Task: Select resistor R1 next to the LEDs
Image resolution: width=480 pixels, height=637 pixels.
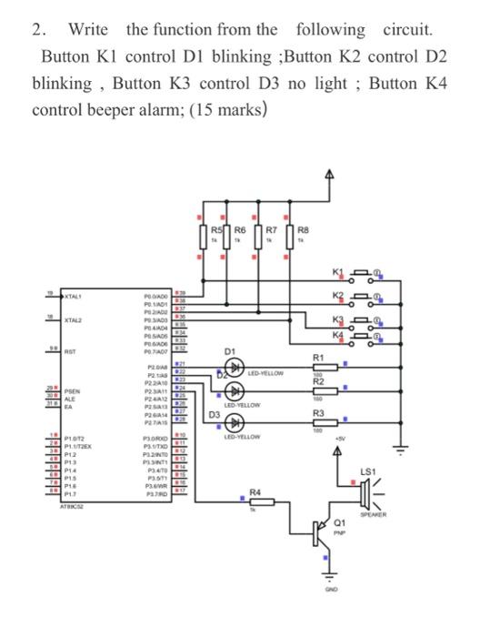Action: (x=319, y=369)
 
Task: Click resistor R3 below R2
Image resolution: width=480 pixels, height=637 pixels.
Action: (x=319, y=423)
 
